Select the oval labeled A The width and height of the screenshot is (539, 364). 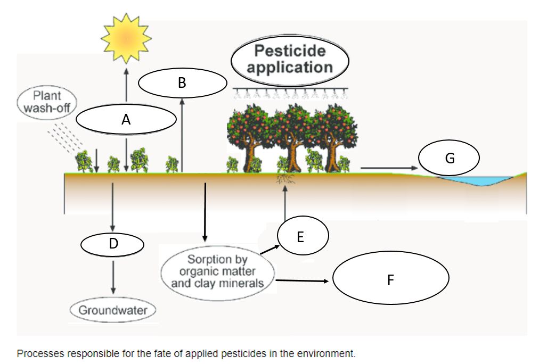click(126, 120)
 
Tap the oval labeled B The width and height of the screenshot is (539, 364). click(182, 82)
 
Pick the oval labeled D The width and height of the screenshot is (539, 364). click(112, 244)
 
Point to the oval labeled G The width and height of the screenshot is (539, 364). click(450, 158)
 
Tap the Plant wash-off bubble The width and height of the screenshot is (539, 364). click(47, 102)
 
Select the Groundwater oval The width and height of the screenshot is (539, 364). click(113, 310)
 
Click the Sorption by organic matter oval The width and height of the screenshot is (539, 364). click(217, 272)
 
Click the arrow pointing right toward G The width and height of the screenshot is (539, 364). click(386, 168)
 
